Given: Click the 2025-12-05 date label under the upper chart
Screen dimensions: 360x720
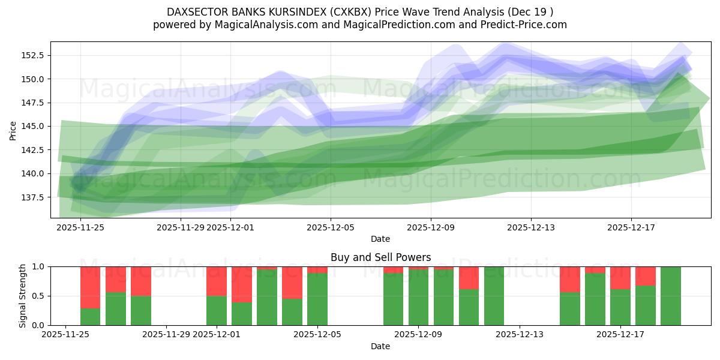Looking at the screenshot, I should pyautogui.click(x=330, y=227).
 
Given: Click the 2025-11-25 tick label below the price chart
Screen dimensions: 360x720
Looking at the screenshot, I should pyautogui.click(x=80, y=227).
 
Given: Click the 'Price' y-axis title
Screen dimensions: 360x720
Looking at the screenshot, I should pyautogui.click(x=13, y=130).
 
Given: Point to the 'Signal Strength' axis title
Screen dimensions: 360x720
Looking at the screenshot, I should pyautogui.click(x=23, y=296).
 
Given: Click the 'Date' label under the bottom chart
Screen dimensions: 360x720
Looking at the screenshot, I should pyautogui.click(x=380, y=346).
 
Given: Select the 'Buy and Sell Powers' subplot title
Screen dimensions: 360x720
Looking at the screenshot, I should pyautogui.click(x=380, y=257).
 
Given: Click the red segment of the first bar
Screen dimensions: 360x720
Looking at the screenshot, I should pyautogui.click(x=90, y=287).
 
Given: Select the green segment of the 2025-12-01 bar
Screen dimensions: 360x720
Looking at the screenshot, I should pyautogui.click(x=217, y=310).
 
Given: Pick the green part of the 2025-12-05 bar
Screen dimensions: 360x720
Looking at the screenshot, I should pyautogui.click(x=317, y=299).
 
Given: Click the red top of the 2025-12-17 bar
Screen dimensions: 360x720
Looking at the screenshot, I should pyautogui.click(x=620, y=278).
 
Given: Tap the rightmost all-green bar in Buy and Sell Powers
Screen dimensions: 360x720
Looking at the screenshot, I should pyautogui.click(x=671, y=296).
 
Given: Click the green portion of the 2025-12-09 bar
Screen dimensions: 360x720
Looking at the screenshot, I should pyautogui.click(x=419, y=297).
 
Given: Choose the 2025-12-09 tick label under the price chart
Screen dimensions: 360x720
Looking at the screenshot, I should pyautogui.click(x=431, y=227).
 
